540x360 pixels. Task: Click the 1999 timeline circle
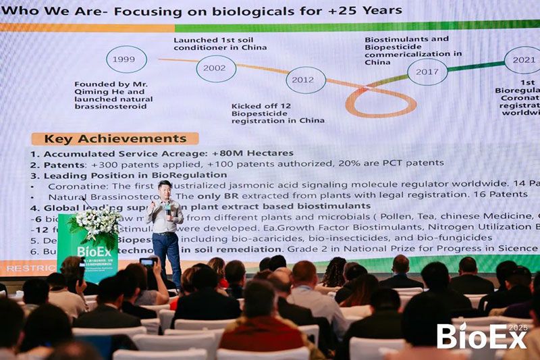(x=126, y=59)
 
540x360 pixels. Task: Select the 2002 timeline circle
(x=216, y=69)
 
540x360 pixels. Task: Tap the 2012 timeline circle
(x=305, y=80)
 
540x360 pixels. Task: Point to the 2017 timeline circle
(x=427, y=72)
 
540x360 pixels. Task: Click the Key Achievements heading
(x=115, y=139)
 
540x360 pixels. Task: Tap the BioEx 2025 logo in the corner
(x=481, y=336)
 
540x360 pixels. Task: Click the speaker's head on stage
(x=165, y=189)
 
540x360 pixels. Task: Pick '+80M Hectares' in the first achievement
(x=252, y=153)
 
